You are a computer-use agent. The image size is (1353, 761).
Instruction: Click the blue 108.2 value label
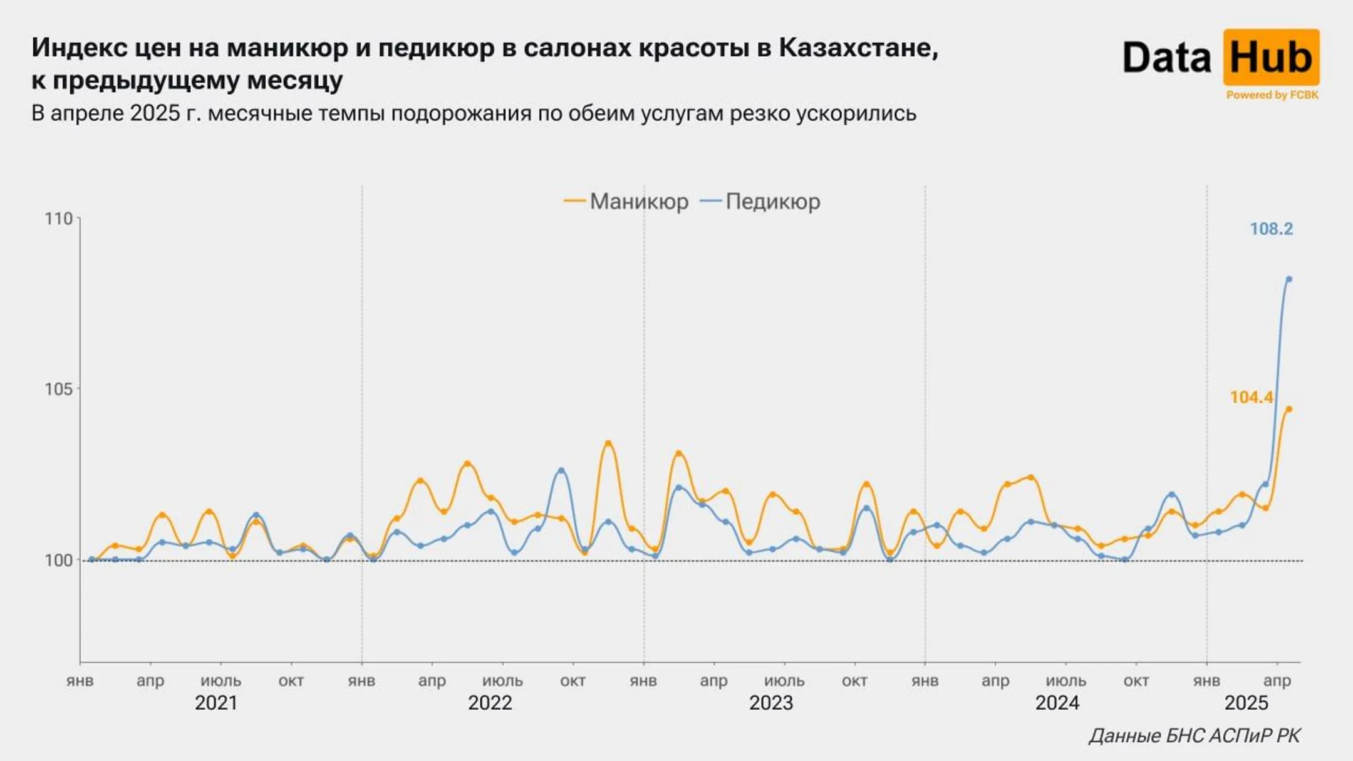(x=1271, y=229)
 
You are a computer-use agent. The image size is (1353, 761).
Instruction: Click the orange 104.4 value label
(x=1251, y=397)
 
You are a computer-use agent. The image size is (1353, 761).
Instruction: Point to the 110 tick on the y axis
(x=59, y=219)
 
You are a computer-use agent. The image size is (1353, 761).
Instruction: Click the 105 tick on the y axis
(x=59, y=389)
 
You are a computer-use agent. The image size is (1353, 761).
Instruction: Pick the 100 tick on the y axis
(x=59, y=560)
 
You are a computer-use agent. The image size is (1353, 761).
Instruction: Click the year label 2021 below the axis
(x=216, y=703)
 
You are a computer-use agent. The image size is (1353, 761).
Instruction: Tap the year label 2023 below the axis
(x=771, y=703)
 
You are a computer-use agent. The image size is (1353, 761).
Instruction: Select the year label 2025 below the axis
(x=1247, y=703)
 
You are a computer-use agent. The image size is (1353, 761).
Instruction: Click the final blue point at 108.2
(x=1288, y=279)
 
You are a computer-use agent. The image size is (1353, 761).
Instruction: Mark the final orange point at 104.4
(x=1288, y=409)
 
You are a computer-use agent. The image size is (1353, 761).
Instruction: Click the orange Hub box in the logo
(x=1271, y=57)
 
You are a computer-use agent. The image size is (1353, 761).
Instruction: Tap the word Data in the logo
(x=1167, y=58)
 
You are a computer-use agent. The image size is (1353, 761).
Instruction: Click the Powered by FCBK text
(x=1272, y=95)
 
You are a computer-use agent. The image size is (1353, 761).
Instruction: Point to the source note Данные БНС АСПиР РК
(x=1194, y=735)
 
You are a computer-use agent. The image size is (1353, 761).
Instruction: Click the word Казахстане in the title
(x=858, y=47)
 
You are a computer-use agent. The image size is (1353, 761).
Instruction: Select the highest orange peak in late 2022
(x=607, y=443)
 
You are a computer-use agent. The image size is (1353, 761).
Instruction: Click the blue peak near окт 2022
(x=561, y=470)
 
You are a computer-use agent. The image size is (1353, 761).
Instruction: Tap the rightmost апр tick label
(x=1277, y=681)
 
